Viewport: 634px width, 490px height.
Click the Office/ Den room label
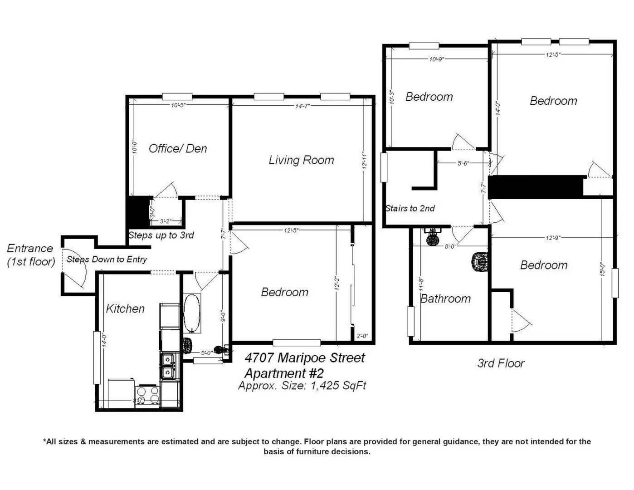point(178,148)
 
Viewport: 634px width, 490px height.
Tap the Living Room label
point(301,160)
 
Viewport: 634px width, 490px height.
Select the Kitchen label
point(125,309)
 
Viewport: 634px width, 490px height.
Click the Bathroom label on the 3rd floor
point(445,299)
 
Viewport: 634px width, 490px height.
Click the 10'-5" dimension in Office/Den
point(178,105)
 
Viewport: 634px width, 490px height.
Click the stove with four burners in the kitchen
point(148,396)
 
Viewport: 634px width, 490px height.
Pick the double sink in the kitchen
point(168,366)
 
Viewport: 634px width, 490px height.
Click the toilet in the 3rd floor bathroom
point(479,263)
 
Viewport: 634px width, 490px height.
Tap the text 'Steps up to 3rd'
point(161,235)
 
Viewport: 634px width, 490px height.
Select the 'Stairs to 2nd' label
point(410,208)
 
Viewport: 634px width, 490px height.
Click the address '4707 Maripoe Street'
point(304,358)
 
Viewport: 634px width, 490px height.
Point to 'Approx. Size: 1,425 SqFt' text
point(302,386)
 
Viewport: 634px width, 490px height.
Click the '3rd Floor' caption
point(501,363)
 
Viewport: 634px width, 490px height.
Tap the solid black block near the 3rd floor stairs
point(536,186)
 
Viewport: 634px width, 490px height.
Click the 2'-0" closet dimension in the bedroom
point(362,336)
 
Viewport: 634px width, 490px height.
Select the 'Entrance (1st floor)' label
point(31,255)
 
